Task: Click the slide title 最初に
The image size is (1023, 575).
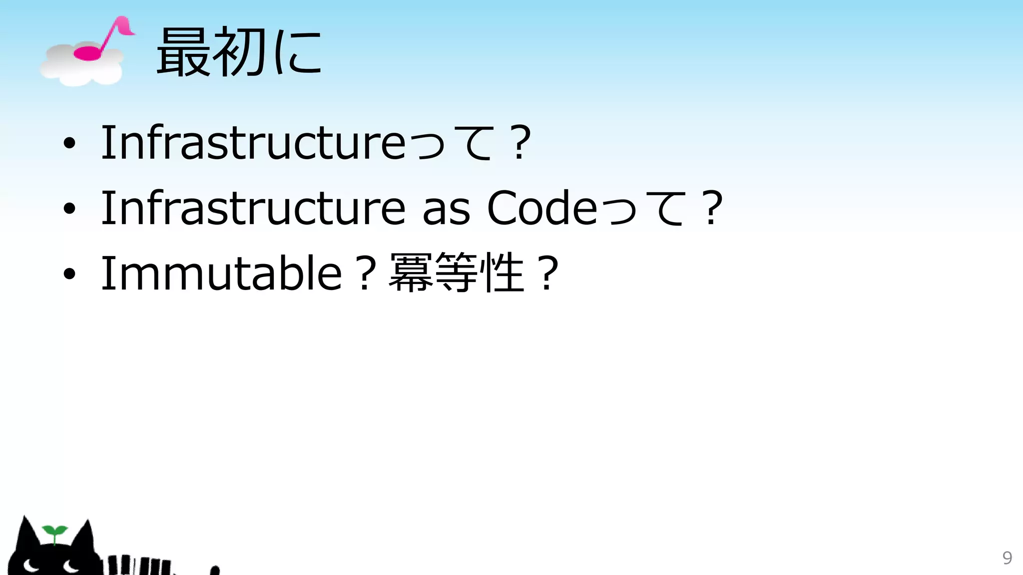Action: pos(239,52)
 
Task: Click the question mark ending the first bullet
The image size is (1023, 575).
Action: pos(521,143)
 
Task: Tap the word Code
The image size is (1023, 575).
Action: pos(542,208)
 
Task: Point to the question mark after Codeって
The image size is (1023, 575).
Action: pos(712,208)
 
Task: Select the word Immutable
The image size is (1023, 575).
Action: pos(221,273)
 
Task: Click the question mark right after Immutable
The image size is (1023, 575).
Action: pos(366,274)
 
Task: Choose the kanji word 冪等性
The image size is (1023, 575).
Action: pos(457,273)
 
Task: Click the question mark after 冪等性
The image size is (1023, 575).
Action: pos(548,274)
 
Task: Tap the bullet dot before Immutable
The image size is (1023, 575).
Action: pos(69,274)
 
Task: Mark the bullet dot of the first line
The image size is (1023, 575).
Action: pos(69,144)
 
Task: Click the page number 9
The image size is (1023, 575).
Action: pos(1007,558)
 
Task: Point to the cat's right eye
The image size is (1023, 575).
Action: pos(70,566)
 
